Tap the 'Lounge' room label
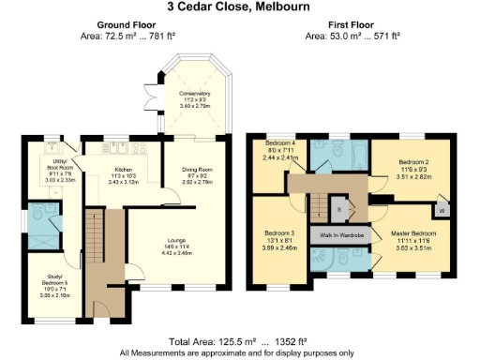pos(177,247)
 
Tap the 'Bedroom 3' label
pos(278,238)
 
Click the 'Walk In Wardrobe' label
pos(342,234)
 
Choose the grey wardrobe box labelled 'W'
pos(440,210)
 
